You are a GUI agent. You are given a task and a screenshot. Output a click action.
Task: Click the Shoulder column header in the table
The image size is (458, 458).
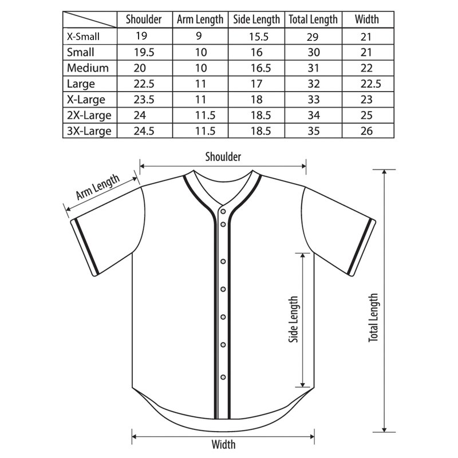[144, 19]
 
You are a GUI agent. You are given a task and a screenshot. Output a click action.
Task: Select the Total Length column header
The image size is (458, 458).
[313, 19]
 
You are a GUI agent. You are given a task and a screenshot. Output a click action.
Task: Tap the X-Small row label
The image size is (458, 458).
[83, 37]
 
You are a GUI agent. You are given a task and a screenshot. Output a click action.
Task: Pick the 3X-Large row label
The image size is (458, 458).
[89, 131]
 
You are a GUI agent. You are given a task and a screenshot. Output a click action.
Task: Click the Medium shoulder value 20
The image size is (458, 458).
[140, 68]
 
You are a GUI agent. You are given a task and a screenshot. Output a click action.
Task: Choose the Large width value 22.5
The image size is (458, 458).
[370, 84]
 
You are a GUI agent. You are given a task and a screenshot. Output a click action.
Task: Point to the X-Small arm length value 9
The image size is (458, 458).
[199, 36]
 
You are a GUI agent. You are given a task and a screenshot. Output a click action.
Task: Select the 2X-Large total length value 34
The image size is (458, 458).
[313, 115]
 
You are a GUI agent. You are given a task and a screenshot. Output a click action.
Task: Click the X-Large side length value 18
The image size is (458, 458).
[256, 99]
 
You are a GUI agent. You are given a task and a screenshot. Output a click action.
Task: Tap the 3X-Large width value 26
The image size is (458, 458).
[366, 131]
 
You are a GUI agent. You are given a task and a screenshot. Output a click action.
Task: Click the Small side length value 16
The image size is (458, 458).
[256, 52]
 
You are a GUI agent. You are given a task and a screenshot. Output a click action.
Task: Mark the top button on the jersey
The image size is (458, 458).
[223, 211]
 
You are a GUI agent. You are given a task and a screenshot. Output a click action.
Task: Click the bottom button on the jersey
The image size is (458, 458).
[223, 377]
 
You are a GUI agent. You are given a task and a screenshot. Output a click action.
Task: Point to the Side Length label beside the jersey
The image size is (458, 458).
[293, 319]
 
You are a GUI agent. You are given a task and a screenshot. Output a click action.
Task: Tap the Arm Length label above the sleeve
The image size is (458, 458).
[98, 187]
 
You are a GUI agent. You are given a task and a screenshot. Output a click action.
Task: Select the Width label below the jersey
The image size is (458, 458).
[223, 445]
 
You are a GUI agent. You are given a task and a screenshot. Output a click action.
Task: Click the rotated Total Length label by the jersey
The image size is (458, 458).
[373, 318]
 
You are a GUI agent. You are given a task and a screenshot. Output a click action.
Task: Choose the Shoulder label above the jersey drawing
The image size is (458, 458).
[223, 157]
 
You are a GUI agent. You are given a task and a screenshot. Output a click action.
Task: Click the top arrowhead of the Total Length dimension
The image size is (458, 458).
[384, 171]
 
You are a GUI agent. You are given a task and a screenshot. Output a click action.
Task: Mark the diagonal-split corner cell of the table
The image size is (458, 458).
[90, 19]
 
